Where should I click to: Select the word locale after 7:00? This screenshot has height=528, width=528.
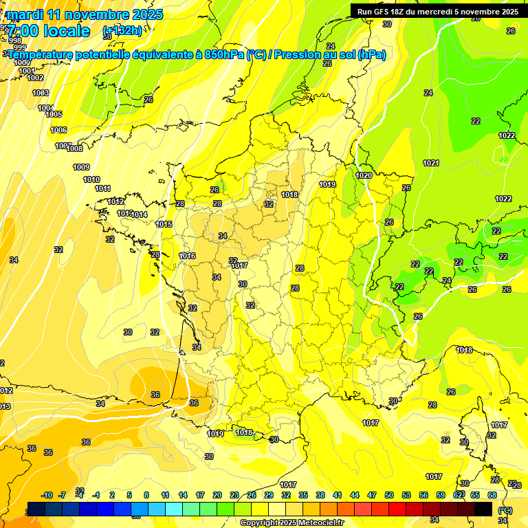66,31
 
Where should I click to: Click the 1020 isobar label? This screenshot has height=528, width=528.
364,175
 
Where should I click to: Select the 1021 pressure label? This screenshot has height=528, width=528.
431,163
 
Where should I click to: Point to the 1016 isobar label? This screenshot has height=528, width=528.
187,256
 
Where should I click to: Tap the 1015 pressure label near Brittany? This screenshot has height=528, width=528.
164,224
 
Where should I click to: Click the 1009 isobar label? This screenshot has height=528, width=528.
81,167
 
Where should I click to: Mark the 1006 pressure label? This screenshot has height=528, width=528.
58,130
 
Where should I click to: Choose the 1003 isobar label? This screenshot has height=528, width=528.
41,93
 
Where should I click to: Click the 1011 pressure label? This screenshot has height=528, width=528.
103,188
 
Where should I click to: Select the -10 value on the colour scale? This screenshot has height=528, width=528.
47,495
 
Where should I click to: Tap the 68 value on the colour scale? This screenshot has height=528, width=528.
492,495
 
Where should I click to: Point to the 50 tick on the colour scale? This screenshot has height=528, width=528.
389,495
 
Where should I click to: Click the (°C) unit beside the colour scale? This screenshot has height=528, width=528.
505,510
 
